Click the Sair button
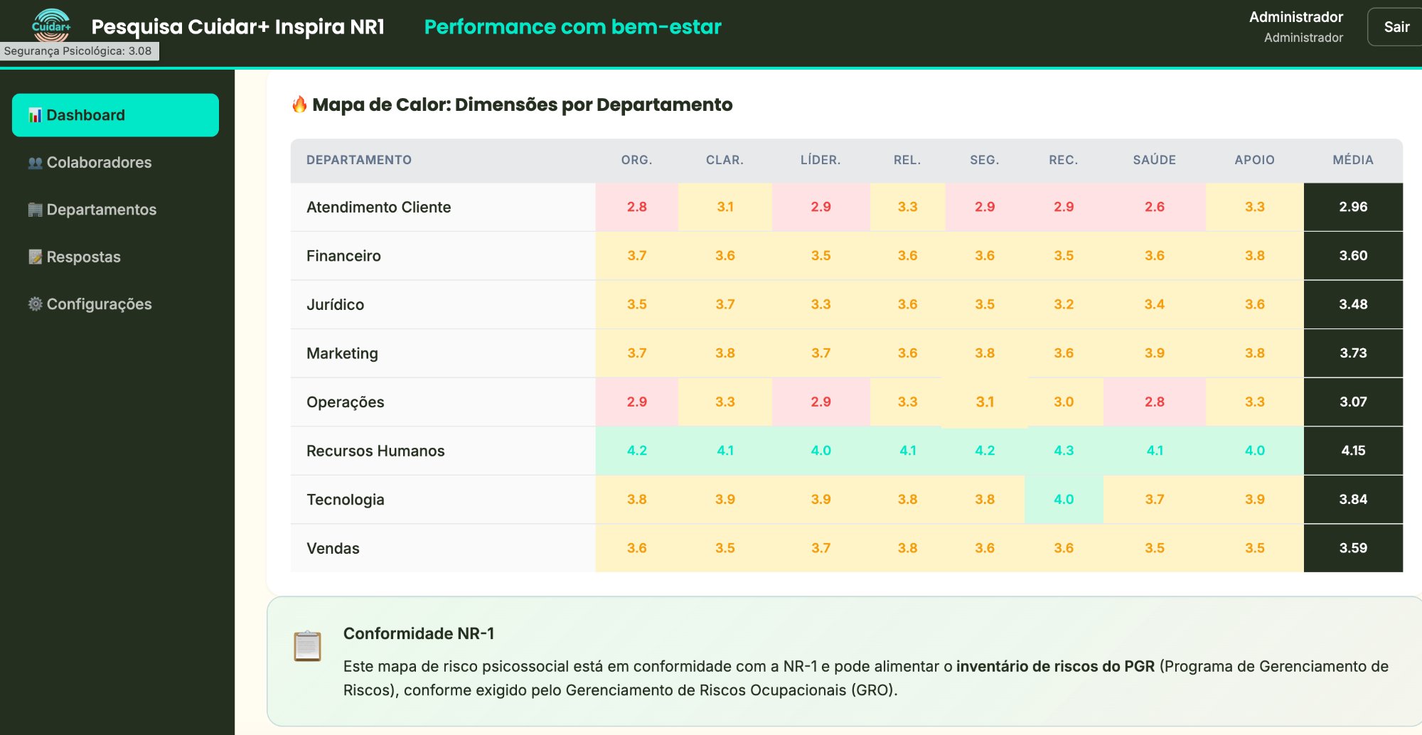(x=1396, y=27)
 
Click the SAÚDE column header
(x=1154, y=160)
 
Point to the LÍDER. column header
(x=820, y=160)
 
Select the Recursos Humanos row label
(x=375, y=451)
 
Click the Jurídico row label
(x=335, y=305)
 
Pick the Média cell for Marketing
(x=1353, y=353)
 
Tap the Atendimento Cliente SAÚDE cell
(x=1154, y=207)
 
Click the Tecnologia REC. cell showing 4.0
(x=1064, y=500)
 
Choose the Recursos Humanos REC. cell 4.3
(x=1064, y=451)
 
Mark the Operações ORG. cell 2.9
(x=636, y=402)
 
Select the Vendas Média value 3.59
(x=1353, y=548)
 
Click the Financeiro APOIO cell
(x=1254, y=256)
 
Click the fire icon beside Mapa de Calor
(x=299, y=104)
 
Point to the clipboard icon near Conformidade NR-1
(x=308, y=646)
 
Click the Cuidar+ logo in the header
(x=51, y=26)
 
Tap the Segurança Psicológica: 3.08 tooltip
(x=78, y=51)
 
